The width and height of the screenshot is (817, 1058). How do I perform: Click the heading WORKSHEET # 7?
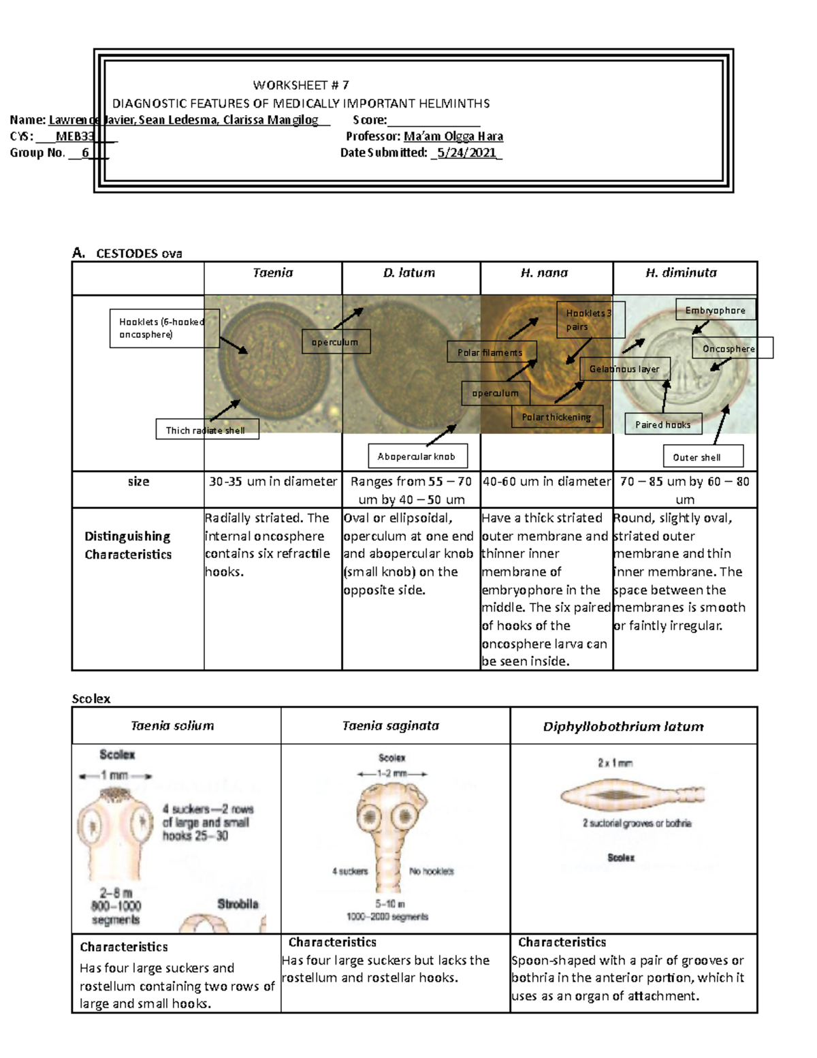301,85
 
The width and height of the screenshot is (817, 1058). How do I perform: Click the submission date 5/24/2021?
467,153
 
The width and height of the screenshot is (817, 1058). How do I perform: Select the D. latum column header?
408,273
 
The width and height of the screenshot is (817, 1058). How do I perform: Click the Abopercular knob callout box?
416,456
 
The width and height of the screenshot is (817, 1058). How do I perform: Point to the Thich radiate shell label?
206,430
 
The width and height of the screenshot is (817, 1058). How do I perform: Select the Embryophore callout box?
715,311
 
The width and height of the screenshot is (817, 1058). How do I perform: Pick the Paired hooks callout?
662,424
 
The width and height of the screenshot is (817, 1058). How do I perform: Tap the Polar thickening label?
556,417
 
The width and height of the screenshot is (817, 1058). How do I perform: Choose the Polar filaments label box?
490,352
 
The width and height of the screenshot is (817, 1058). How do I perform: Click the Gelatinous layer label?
624,369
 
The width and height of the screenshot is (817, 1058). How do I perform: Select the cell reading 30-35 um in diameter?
272,482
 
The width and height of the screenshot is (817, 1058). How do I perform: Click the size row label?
138,482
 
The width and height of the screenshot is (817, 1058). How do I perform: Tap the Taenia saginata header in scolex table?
390,726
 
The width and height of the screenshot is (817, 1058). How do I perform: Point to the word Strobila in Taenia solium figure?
238,904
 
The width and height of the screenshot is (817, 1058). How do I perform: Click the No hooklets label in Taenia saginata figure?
431,871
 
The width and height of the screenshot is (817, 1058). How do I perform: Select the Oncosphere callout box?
728,349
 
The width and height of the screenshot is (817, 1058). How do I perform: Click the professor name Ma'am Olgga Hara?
453,136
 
